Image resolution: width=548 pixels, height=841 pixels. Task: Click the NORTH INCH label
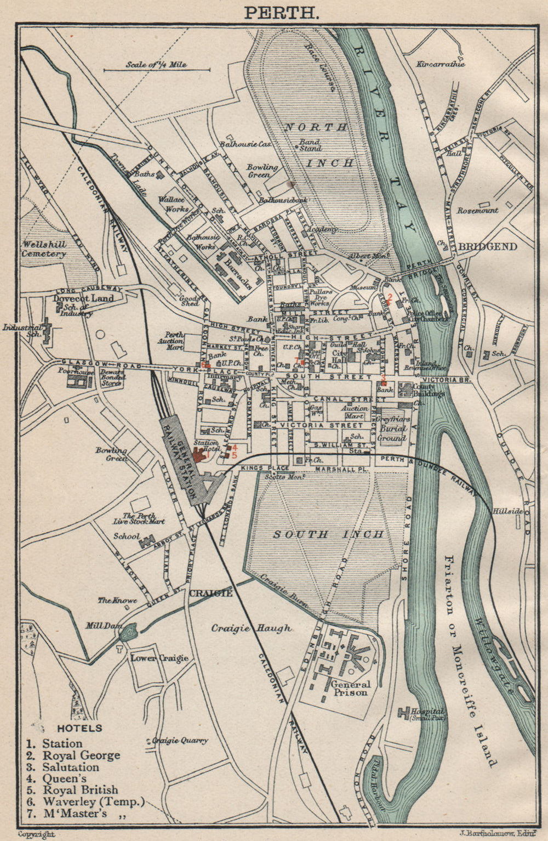pos(315,145)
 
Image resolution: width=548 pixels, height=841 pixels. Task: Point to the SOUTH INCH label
pos(328,534)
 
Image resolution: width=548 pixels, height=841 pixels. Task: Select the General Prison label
pos(350,688)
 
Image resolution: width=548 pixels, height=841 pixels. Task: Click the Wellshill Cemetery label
pos(44,249)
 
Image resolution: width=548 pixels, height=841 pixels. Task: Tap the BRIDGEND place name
pos(487,247)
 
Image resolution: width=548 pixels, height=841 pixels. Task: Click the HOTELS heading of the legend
pos(79,728)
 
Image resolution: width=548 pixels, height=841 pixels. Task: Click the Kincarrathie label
pos(440,64)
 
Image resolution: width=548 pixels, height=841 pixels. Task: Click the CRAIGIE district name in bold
pos(211,593)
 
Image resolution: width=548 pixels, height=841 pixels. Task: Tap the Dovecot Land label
pos(83,298)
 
